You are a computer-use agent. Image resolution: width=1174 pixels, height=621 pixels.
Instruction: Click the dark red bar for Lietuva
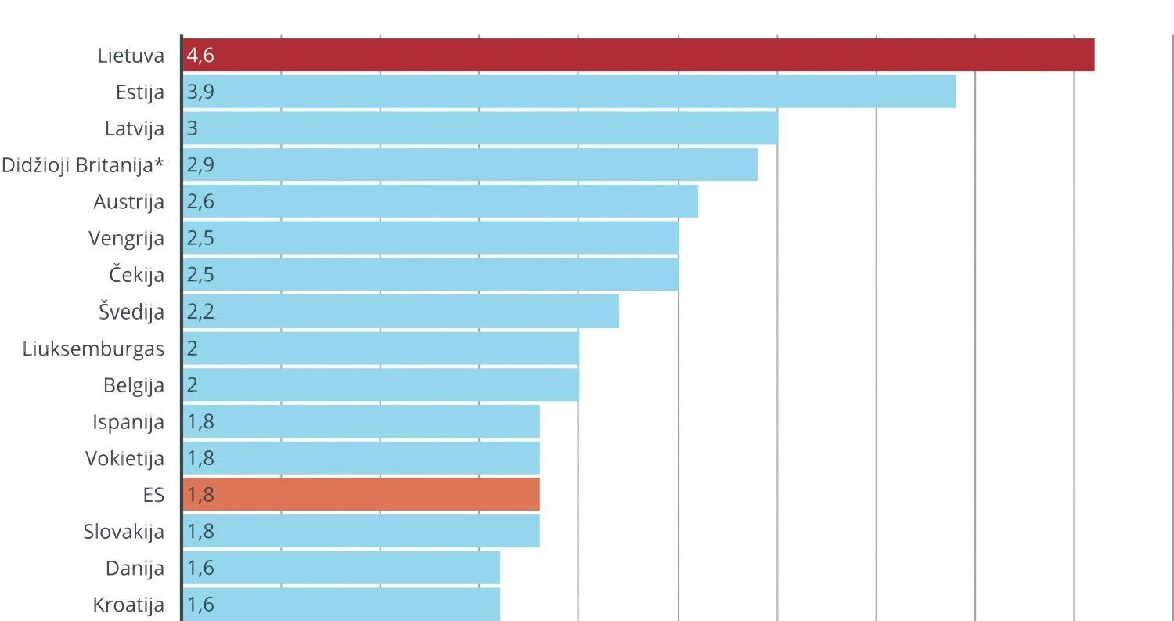(638, 55)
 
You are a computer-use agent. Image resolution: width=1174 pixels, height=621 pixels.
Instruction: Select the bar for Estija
(569, 92)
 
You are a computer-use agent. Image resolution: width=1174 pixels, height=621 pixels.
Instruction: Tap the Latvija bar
(480, 128)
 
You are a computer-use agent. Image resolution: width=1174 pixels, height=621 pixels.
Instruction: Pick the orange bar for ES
(361, 495)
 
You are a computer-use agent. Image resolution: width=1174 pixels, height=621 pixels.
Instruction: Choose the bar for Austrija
(440, 201)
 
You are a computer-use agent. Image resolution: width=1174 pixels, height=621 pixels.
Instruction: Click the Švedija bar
(400, 312)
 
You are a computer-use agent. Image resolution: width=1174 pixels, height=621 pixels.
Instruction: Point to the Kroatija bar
(340, 605)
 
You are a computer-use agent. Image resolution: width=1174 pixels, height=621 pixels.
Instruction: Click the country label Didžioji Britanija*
(83, 165)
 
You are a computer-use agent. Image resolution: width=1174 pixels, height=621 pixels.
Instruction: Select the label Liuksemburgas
(94, 348)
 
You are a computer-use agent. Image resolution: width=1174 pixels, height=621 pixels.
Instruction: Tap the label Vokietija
(125, 458)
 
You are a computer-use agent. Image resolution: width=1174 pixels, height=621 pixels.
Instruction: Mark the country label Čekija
(137, 275)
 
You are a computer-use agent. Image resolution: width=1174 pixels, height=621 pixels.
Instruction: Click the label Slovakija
(124, 532)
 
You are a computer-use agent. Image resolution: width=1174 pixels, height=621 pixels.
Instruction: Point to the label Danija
(135, 568)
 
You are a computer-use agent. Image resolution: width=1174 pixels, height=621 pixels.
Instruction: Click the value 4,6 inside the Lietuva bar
(200, 56)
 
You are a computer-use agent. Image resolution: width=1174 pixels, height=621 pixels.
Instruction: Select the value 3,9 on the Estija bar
(200, 92)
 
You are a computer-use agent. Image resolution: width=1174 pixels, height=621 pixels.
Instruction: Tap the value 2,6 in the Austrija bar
(200, 202)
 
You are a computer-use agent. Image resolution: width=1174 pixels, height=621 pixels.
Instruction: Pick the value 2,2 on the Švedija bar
(200, 312)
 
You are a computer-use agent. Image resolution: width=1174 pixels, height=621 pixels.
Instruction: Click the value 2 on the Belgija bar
(193, 385)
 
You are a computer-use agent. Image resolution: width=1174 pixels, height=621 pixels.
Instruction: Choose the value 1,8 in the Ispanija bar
(200, 422)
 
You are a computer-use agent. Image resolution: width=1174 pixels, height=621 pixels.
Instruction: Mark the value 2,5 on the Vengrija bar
(200, 238)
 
